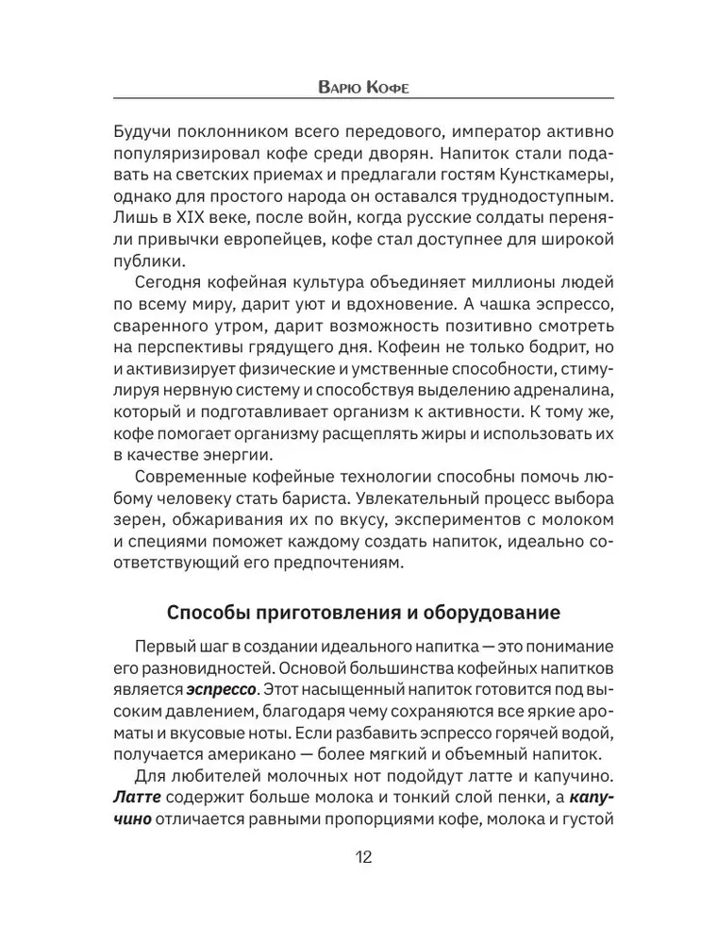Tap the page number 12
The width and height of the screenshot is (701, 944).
362,858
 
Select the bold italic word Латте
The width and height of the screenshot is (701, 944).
137,798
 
